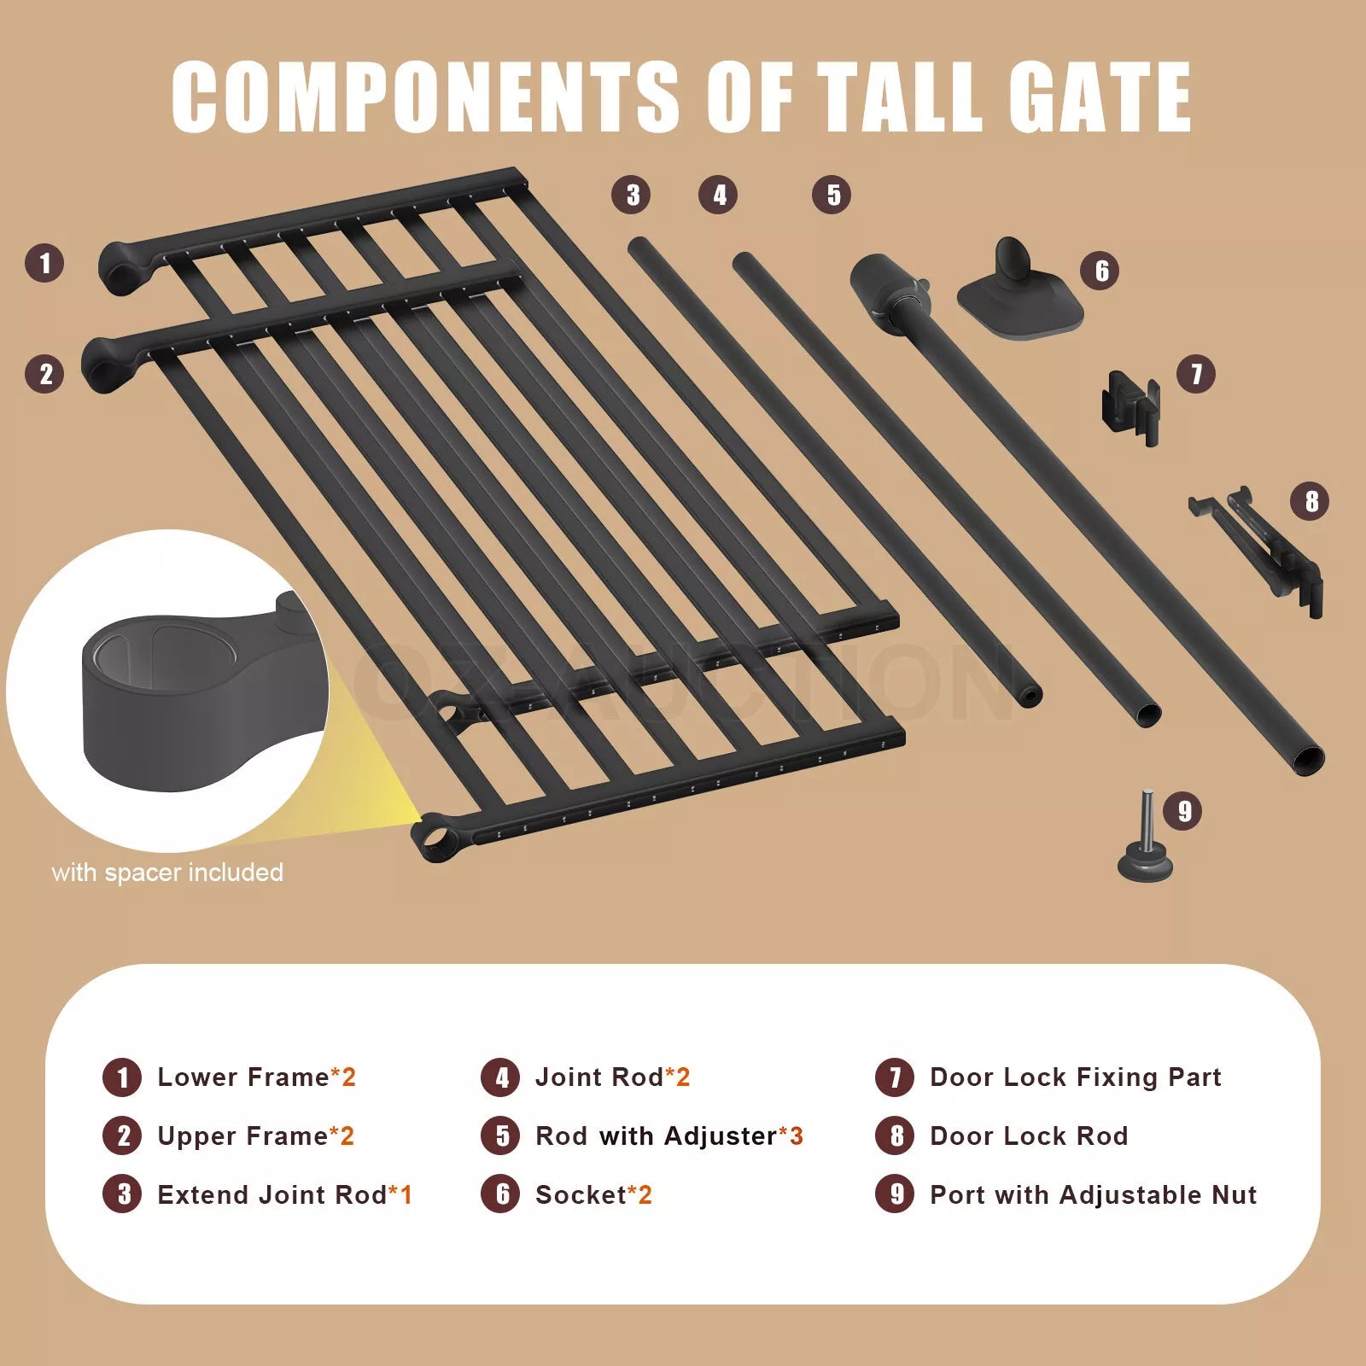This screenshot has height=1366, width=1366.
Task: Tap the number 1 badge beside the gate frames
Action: click(45, 263)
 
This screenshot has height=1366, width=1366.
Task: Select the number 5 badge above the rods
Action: click(832, 195)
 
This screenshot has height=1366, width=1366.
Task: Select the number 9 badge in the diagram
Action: click(1183, 810)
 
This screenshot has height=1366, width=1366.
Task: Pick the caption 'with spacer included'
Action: click(167, 873)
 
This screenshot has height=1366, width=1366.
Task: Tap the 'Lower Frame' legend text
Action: click(243, 1077)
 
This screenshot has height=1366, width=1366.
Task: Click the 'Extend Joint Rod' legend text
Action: click(272, 1194)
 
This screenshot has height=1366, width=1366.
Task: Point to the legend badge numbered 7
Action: click(895, 1077)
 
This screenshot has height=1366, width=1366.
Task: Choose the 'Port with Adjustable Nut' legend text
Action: click(1093, 1194)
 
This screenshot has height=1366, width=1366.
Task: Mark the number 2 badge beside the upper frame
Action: click(45, 374)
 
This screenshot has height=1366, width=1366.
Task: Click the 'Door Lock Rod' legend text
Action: click(1029, 1136)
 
